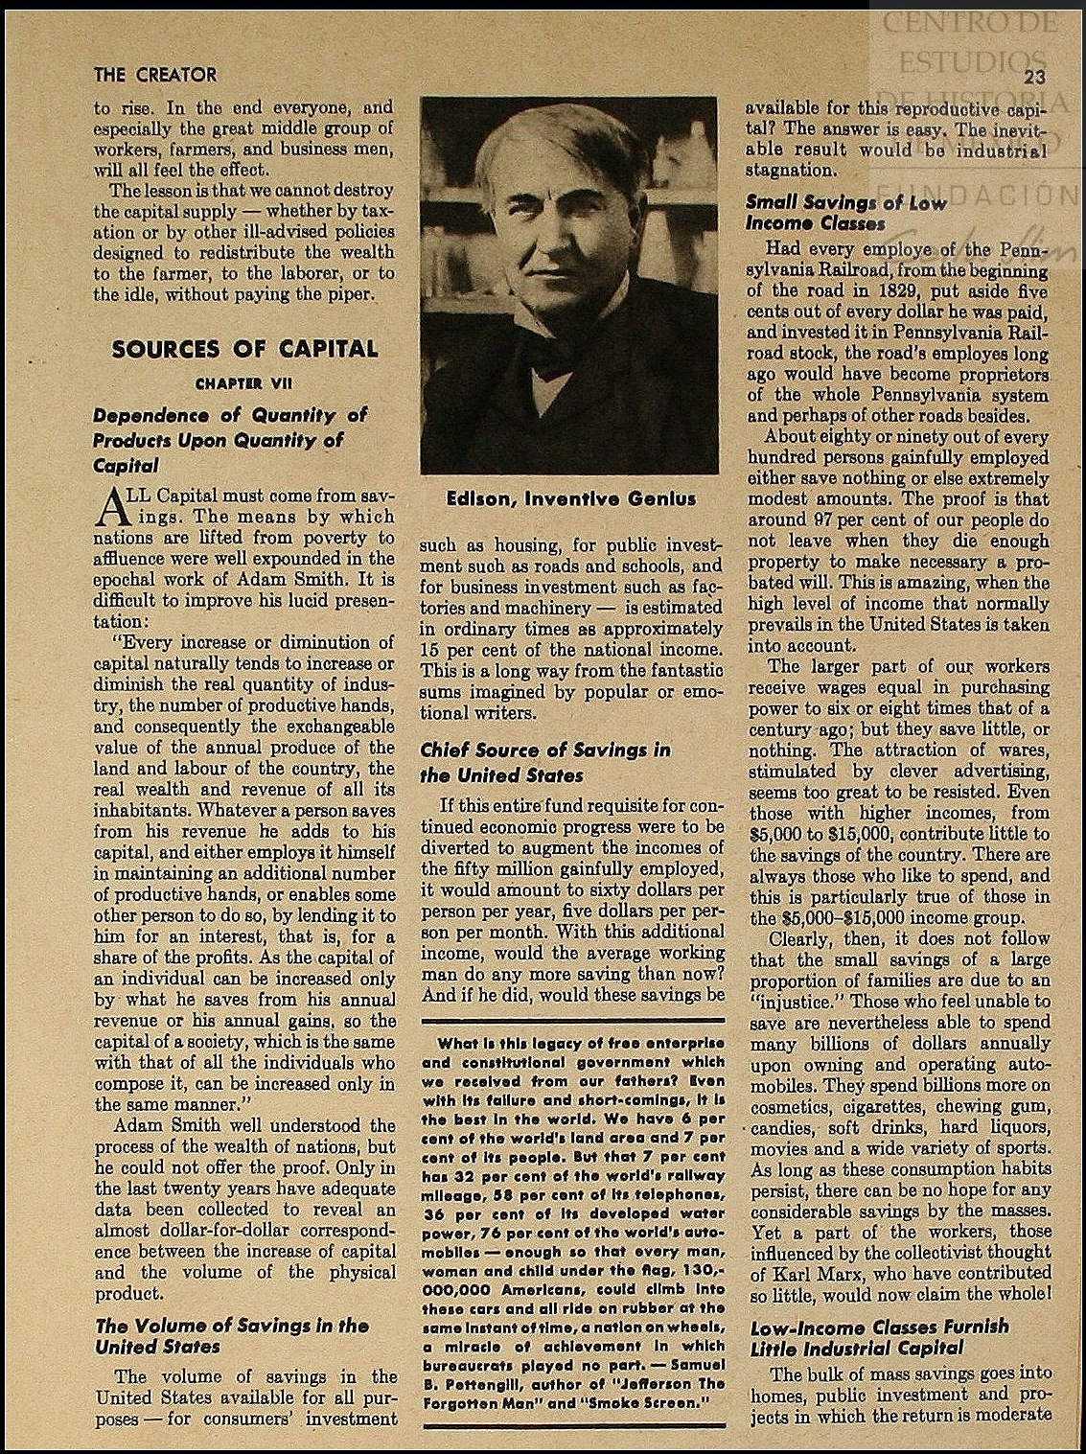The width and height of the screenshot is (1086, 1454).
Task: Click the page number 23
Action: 1033,78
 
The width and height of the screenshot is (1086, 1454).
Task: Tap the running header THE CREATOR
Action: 155,75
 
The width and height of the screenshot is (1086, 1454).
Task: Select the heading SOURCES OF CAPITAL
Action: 244,349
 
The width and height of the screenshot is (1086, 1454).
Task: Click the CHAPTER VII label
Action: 244,383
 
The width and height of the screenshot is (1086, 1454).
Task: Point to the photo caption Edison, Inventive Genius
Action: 570,498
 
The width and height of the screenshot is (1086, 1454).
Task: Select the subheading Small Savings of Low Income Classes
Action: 845,213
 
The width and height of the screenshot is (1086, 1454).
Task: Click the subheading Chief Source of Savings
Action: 545,762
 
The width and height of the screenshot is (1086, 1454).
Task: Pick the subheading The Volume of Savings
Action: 231,1336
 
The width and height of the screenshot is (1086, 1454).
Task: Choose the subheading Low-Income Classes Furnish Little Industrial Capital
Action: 879,1338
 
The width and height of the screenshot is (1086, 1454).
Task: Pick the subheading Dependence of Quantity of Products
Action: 230,440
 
